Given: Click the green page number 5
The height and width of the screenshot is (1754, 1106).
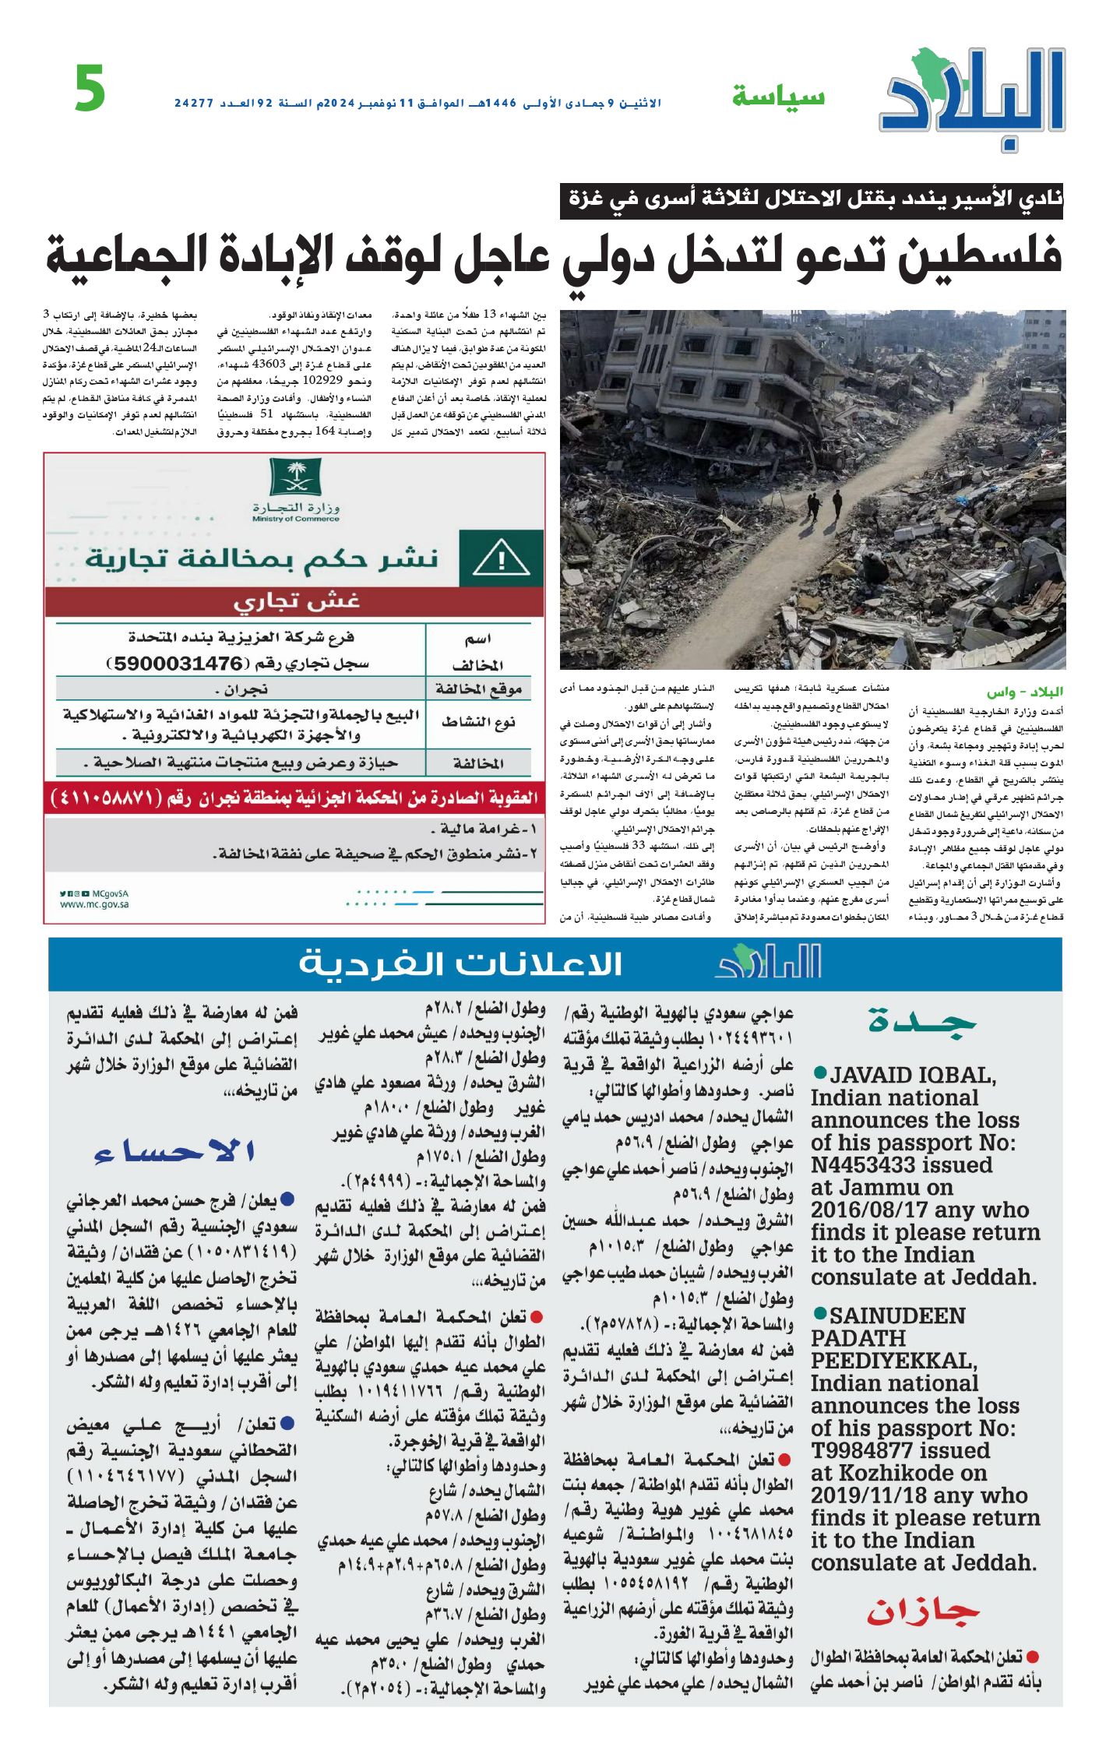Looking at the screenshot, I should [x=90, y=89].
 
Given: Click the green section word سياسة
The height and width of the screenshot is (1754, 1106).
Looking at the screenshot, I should [x=778, y=97].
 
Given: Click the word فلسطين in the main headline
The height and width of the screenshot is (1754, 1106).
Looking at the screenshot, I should [x=981, y=255].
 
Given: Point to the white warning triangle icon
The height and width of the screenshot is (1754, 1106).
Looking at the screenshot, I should [x=501, y=558].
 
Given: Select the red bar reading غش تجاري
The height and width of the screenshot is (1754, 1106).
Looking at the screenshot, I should [x=295, y=602].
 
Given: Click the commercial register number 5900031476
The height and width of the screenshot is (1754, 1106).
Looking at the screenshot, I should [x=179, y=664].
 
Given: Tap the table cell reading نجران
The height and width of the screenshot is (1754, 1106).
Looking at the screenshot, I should [x=241, y=689].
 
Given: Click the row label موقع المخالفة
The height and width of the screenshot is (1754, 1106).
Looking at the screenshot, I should [x=478, y=689].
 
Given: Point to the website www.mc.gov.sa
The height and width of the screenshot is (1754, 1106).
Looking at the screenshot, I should [x=94, y=904].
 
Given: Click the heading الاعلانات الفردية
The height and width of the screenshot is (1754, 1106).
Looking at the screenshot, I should [x=460, y=964].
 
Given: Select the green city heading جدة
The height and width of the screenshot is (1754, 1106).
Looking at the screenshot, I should [x=922, y=1021].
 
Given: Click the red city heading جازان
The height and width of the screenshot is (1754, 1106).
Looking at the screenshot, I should [x=924, y=1611].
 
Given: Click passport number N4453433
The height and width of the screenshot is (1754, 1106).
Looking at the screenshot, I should [x=901, y=1165].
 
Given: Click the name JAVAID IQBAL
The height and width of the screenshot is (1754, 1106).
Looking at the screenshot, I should [x=912, y=1076].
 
